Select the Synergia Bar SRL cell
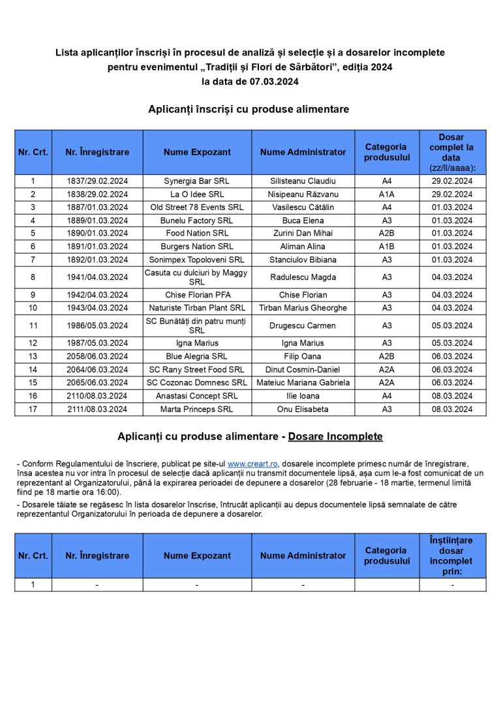[x=197, y=181]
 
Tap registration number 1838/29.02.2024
[x=97, y=194]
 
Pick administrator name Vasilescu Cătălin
[x=303, y=207]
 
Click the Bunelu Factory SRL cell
[x=197, y=220]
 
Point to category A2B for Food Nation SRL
[x=387, y=234]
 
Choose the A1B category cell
[x=387, y=247]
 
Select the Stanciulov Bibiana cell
[x=303, y=260]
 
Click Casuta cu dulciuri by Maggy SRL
[x=197, y=277]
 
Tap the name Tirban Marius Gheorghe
[x=303, y=308]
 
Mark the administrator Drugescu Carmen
[x=303, y=325]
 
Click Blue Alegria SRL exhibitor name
[x=197, y=356]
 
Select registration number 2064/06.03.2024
[x=97, y=370]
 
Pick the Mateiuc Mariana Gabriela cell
[x=303, y=383]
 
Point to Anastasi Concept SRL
[x=197, y=396]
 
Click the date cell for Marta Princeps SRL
[x=452, y=410]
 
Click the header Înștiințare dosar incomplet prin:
[x=452, y=556]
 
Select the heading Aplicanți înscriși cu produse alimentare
[x=249, y=110]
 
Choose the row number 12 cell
[x=33, y=343]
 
